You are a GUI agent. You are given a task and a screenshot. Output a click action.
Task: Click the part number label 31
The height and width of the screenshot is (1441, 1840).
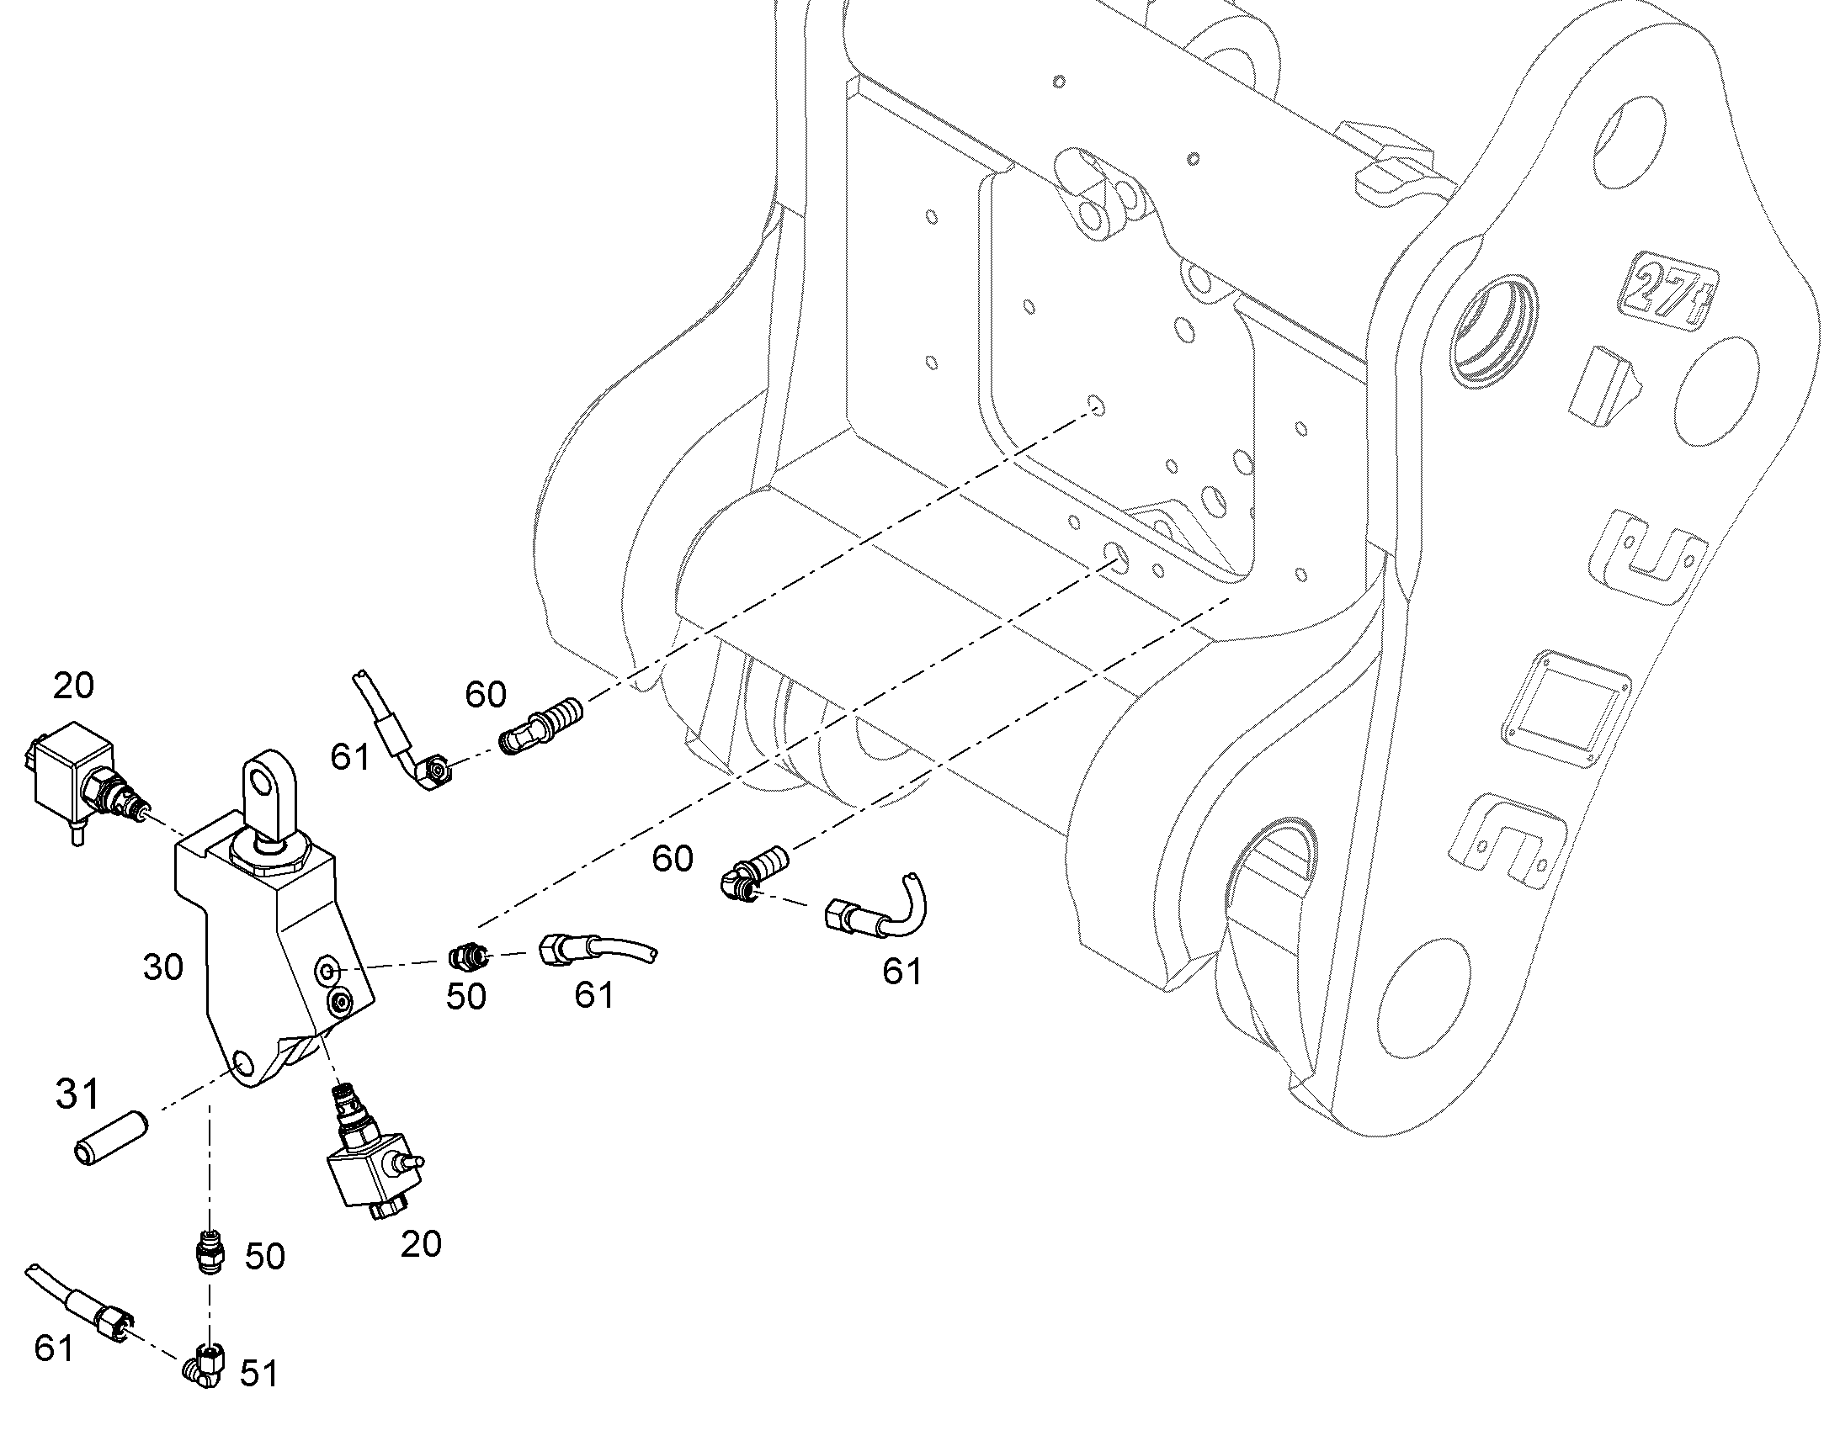(x=77, y=1095)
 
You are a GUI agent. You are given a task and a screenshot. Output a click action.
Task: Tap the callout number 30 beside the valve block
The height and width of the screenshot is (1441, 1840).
(x=163, y=967)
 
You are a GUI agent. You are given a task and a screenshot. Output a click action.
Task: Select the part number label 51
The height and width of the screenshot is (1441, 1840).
(x=258, y=1375)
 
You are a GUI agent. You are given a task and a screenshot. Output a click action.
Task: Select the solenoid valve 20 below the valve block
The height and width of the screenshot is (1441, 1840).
(x=370, y=1154)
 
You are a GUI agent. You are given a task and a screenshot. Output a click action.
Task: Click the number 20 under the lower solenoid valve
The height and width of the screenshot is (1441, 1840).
(x=420, y=1244)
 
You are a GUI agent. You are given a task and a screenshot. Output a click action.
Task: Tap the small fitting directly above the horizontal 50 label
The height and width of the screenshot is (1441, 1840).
(x=467, y=957)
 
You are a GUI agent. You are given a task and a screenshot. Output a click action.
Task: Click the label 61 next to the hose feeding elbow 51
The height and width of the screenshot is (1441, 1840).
(x=54, y=1348)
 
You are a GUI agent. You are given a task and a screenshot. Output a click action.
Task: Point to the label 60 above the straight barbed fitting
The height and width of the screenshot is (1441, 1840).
(x=486, y=694)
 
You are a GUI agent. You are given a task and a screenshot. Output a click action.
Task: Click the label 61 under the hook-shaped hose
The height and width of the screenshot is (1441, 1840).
(x=902, y=972)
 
